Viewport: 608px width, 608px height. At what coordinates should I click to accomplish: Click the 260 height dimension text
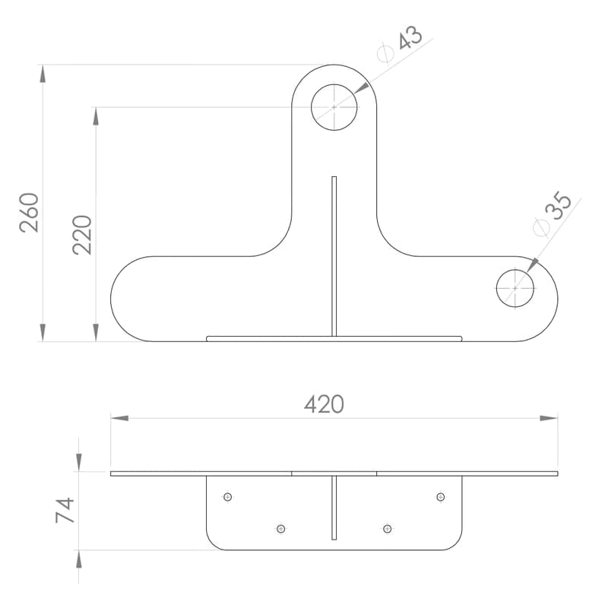[29, 213]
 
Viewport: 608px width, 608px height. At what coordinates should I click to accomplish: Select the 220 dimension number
[82, 235]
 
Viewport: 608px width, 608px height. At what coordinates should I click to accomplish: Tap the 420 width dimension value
[325, 404]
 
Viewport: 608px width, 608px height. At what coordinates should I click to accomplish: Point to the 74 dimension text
[65, 510]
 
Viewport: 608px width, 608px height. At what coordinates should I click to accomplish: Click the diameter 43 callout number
[410, 37]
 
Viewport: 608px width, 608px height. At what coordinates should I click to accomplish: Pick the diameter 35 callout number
[559, 205]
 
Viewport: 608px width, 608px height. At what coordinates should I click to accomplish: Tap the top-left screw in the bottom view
[227, 497]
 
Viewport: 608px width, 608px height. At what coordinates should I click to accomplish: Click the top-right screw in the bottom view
[441, 497]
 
